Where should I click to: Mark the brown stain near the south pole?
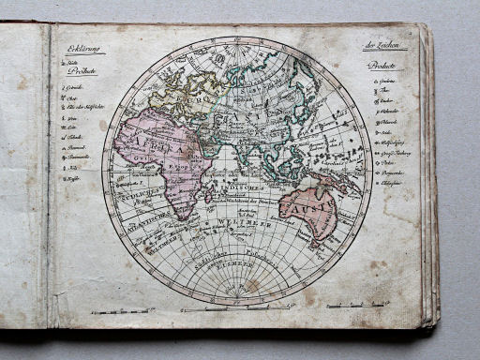250,285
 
